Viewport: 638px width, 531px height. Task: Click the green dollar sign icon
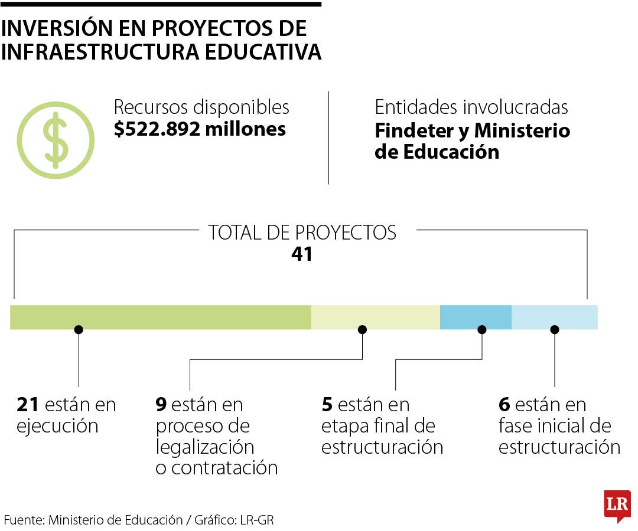[x=55, y=140]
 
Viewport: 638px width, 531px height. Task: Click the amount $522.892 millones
[x=200, y=129]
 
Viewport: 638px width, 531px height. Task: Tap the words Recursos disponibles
[x=201, y=107]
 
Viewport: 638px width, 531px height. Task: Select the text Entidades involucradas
[x=471, y=107]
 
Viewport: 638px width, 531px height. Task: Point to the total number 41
[x=301, y=254]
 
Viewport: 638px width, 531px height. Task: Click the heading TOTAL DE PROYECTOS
[x=302, y=232]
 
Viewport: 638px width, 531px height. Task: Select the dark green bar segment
[x=160, y=317]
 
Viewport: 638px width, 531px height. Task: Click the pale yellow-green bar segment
[x=375, y=317]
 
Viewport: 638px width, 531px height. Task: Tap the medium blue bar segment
[x=476, y=317]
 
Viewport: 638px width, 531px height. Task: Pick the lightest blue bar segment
[x=554, y=317]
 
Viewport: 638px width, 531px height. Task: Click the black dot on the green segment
[x=79, y=330]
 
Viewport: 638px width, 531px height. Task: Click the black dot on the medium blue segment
[x=482, y=330]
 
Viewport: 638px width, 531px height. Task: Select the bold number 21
[x=28, y=405]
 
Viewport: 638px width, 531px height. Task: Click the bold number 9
[x=161, y=405]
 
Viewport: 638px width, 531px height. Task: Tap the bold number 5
[x=327, y=405]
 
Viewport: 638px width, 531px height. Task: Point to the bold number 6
[x=504, y=405]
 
